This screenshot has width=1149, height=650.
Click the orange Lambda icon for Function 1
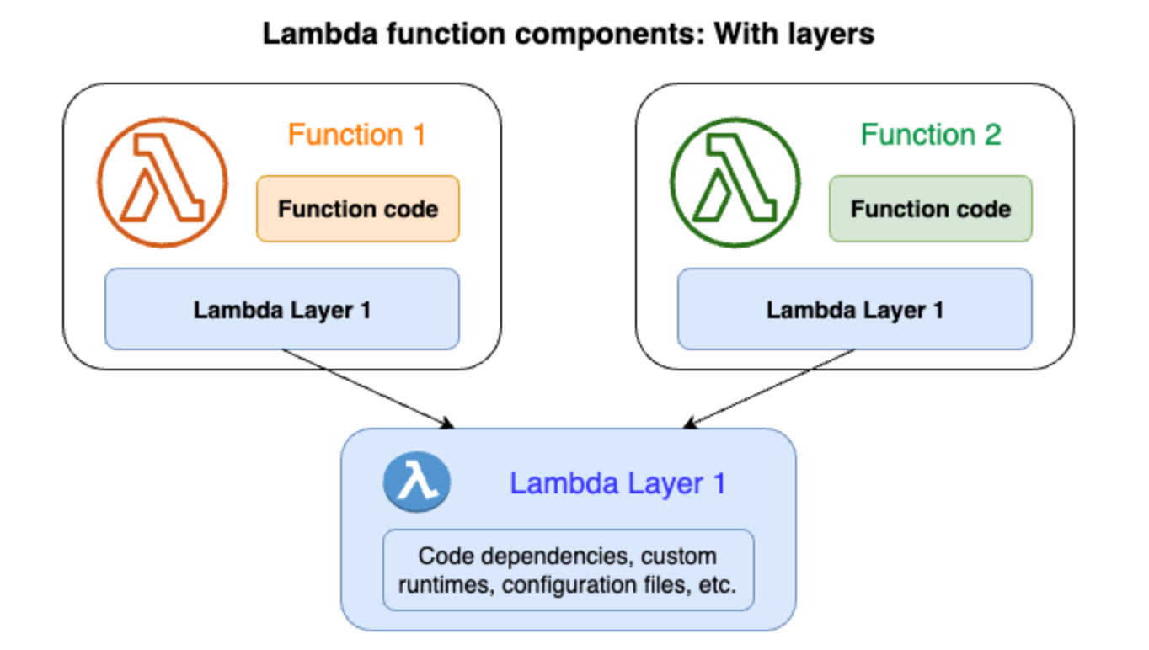(162, 183)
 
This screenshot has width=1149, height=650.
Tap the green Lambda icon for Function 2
(735, 183)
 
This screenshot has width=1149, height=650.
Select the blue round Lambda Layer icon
(417, 482)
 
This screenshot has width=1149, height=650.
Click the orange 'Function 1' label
(356, 135)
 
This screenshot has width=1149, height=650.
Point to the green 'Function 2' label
(931, 135)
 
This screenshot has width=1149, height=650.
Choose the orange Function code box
(358, 209)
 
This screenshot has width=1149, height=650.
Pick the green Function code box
(931, 209)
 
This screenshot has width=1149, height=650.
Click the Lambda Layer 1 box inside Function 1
(282, 309)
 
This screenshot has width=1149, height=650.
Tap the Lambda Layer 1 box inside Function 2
(854, 309)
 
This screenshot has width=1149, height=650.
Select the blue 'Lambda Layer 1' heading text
(617, 483)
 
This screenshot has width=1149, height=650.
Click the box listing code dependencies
(569, 570)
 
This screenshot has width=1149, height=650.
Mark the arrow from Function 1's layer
(368, 388)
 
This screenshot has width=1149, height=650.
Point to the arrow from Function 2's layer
(769, 388)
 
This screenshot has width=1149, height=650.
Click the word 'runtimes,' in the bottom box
(446, 585)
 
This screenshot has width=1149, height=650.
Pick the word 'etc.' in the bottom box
(717, 584)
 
